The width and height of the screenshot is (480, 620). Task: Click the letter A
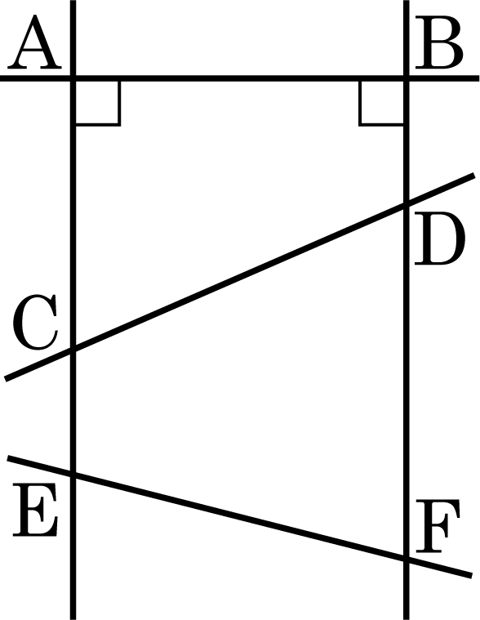click(x=34, y=42)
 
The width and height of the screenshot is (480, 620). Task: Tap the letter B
click(x=438, y=42)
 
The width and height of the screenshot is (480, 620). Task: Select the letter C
click(x=35, y=323)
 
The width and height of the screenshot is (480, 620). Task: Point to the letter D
click(x=439, y=239)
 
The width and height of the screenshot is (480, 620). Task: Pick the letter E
click(x=35, y=510)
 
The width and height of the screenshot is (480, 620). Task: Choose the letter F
click(x=438, y=526)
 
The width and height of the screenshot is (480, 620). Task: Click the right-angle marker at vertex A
click(x=98, y=104)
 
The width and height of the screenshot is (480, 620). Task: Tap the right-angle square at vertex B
click(x=381, y=104)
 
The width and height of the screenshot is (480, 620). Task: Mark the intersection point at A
click(x=73, y=78)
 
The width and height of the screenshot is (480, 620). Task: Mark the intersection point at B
click(x=407, y=78)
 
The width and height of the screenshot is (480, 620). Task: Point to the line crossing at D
click(x=407, y=204)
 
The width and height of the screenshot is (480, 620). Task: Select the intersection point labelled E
click(x=73, y=474)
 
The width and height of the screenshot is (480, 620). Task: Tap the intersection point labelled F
click(x=407, y=559)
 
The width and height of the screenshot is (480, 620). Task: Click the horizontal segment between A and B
click(x=240, y=78)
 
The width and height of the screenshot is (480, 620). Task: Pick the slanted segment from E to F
click(x=240, y=516)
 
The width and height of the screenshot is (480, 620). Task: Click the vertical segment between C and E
click(x=73, y=412)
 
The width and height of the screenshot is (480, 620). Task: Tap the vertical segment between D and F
click(x=407, y=381)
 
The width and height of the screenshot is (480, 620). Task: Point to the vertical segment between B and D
click(x=407, y=141)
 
